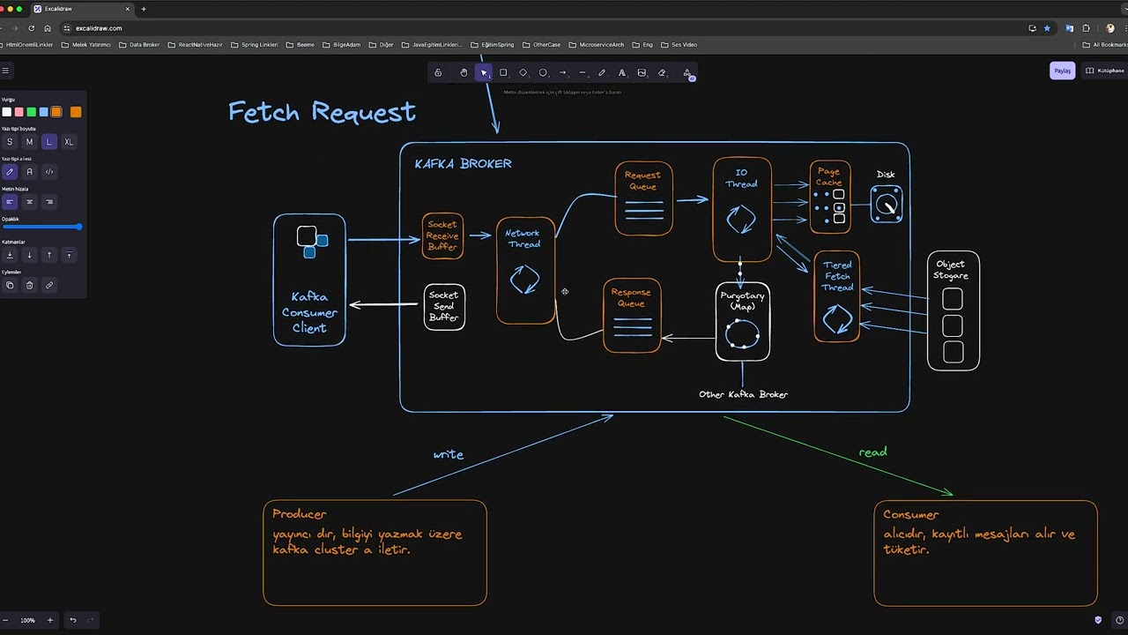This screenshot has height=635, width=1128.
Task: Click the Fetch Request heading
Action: pos(322,112)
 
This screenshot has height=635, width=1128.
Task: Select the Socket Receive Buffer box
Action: pos(442,235)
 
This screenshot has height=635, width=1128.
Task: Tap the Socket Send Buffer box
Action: pos(444,306)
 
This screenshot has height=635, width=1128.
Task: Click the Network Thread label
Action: pos(523,238)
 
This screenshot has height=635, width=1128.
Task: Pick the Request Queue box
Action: pos(643,198)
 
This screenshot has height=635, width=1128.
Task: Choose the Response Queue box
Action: pos(632,315)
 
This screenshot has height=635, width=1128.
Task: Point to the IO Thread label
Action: pos(741,178)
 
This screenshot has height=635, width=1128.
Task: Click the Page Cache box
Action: pos(830,197)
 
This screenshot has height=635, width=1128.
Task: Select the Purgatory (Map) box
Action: pos(743,322)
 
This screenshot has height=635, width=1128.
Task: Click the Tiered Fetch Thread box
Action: pos(837,296)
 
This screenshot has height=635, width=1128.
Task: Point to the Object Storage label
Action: pos(951,270)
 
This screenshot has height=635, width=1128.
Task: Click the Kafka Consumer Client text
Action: pos(309,312)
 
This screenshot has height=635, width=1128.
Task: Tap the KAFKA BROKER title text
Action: pos(463,163)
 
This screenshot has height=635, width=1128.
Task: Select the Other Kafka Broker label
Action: pos(743,394)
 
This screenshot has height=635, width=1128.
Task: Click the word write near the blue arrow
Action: pos(448,454)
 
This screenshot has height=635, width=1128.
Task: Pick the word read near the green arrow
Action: pos(872,452)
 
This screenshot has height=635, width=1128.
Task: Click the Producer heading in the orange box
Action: pos(300,513)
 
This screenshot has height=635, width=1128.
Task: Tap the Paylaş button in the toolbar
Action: pos(1062,71)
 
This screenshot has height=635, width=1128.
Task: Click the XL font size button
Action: pos(69,142)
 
